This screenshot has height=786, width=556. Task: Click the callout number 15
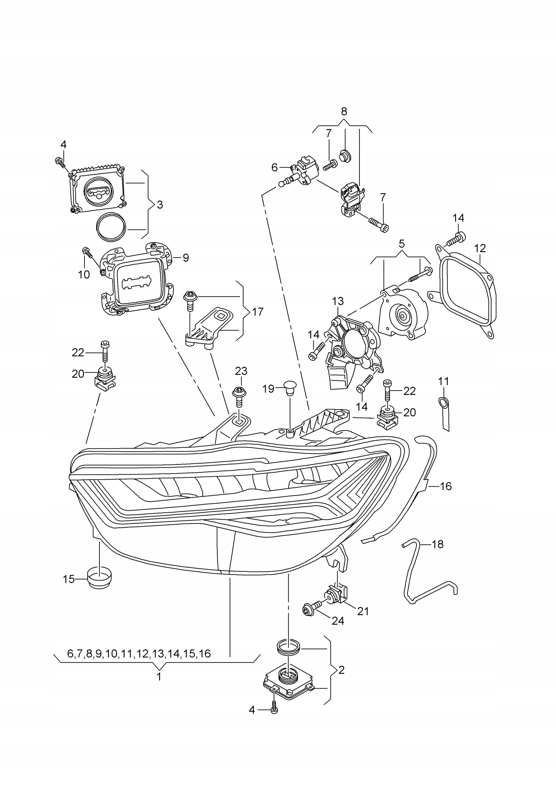69,579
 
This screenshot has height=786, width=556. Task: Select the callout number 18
437,544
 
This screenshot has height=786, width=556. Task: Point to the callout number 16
445,486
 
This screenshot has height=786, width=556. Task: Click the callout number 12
480,248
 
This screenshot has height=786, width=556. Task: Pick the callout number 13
338,301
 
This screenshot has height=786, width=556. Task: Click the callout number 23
241,371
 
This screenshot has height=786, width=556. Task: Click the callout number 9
186,258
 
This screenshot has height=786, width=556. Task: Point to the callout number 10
84,274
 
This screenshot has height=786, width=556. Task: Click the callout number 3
160,205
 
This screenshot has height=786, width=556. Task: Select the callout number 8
344,111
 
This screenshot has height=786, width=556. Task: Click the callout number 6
274,167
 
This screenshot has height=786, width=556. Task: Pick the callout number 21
363,611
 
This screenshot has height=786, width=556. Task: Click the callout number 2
341,670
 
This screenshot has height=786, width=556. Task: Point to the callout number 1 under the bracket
159,677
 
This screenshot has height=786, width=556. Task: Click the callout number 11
443,381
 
